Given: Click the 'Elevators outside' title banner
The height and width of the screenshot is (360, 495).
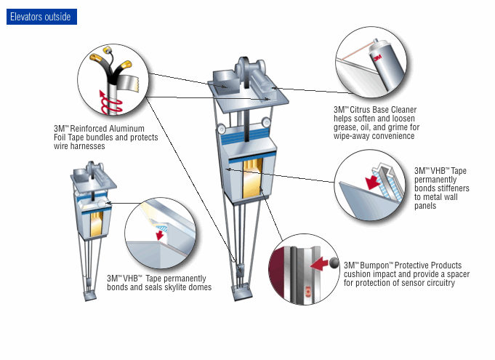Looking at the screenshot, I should [41, 17].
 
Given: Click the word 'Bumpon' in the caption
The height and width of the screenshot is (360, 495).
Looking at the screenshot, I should [373, 265].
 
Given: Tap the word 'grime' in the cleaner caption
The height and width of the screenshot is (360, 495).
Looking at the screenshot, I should [389, 127].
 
